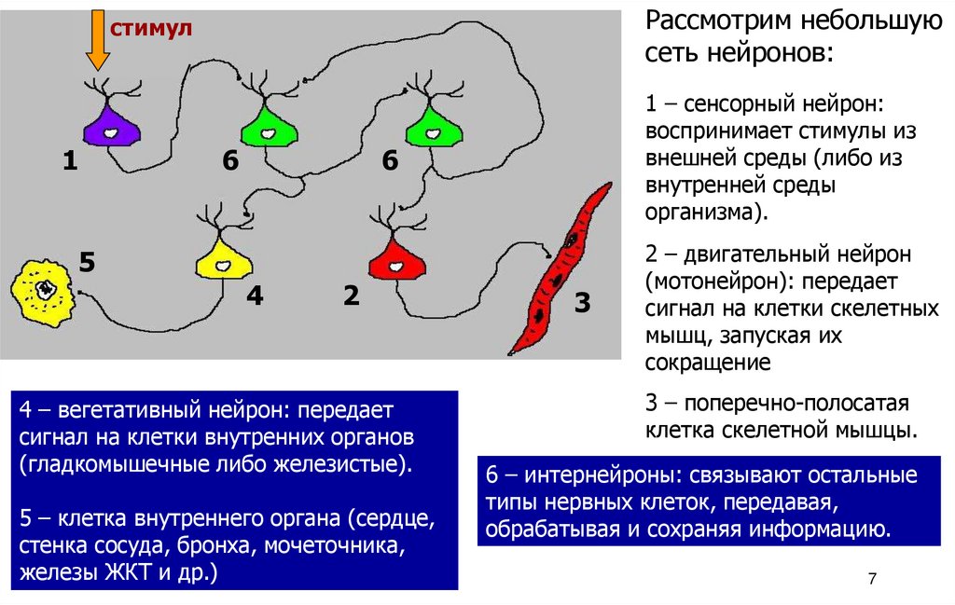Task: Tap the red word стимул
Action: (x=151, y=29)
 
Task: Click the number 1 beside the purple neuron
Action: (x=70, y=162)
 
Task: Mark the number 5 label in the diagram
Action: (x=88, y=262)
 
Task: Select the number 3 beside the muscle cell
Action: (x=582, y=303)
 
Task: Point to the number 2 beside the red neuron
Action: (x=351, y=296)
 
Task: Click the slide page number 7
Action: (x=872, y=579)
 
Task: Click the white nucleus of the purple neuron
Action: (x=110, y=133)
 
